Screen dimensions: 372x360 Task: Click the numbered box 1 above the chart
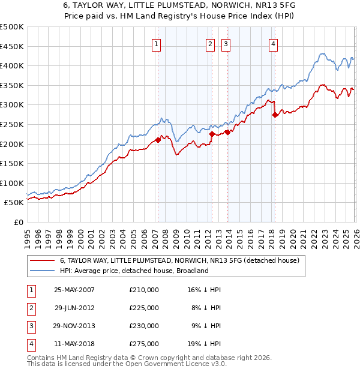(x=157, y=43)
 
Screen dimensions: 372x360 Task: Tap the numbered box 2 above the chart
(x=211, y=43)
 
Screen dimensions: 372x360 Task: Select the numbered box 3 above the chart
(x=226, y=43)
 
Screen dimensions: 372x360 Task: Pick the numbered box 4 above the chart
(x=273, y=43)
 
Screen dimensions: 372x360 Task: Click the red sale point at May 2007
(x=158, y=140)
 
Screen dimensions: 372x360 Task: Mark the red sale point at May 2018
(x=274, y=115)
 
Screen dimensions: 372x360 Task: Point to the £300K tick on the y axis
(x=12, y=105)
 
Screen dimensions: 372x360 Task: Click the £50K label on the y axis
(x=14, y=203)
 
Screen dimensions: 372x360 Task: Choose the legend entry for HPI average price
(x=134, y=271)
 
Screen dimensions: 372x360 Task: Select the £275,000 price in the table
(x=144, y=344)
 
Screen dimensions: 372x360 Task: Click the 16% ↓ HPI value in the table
(x=205, y=290)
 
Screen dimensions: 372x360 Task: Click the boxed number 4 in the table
(x=30, y=344)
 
